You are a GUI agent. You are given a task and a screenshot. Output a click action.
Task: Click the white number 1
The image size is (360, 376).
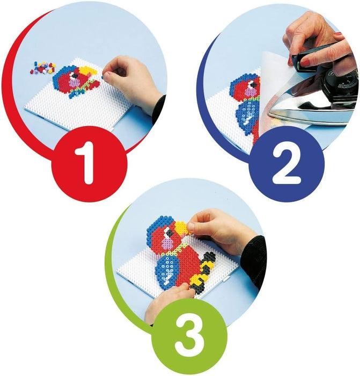pyautogui.click(x=86, y=163)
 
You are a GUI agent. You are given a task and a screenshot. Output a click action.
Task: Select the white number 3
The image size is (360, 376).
pyautogui.click(x=189, y=336)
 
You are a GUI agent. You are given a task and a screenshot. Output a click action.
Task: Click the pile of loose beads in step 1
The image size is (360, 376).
pyautogui.click(x=43, y=67)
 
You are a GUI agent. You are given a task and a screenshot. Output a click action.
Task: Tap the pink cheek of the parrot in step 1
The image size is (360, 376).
pyautogui.click(x=75, y=83)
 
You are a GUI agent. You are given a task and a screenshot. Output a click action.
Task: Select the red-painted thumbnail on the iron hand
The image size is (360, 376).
pyautogui.click(x=305, y=63)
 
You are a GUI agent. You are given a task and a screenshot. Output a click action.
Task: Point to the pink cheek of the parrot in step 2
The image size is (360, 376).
pyautogui.click(x=252, y=92)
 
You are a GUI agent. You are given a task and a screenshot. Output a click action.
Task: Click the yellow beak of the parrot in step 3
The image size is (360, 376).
pyautogui.click(x=181, y=228)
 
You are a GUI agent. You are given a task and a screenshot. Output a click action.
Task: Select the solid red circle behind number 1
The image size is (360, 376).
pyautogui.click(x=89, y=164)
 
